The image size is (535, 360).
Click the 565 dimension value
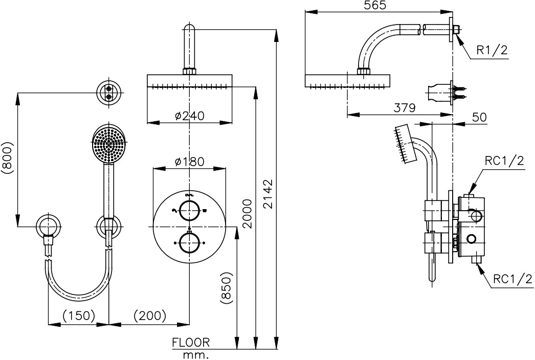coord(376,6)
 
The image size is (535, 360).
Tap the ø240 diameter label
coord(189,116)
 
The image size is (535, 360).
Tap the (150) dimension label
coord(79,316)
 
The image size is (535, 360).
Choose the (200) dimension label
coord(150,316)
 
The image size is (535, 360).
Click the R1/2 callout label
coord(492,50)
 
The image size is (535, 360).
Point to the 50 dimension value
coord(479,117)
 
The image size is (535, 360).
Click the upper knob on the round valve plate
coord(190,210)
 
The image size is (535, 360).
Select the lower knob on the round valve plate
coord(190,242)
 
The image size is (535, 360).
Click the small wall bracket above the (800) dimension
coord(109,93)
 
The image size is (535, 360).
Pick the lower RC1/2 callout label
coord(513,279)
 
